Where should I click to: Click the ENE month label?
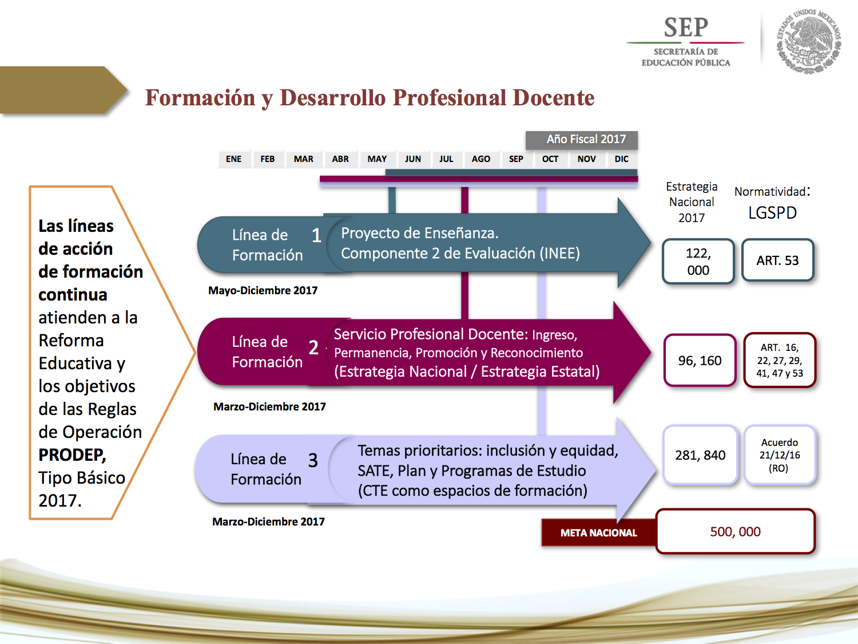coord(233,159)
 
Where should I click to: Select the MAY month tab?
coord(377,159)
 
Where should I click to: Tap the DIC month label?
coord(621,159)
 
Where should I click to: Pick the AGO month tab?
coord(480,159)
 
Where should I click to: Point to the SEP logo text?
coord(686,28)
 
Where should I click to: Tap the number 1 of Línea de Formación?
coord(316,235)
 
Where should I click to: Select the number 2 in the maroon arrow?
coord(313,347)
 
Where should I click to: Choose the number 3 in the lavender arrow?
coord(313,460)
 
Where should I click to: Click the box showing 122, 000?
coord(698,262)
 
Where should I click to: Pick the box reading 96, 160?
coord(700,361)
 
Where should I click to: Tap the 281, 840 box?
coord(700,455)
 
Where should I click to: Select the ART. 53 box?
coord(777,260)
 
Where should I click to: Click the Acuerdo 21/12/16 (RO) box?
coord(779,455)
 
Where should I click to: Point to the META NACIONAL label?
coord(598,533)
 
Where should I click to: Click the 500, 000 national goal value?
coord(735,532)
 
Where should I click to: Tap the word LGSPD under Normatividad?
coord(772,213)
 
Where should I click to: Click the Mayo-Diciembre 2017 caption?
coord(263,291)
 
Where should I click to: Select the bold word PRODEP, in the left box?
coord(72,455)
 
